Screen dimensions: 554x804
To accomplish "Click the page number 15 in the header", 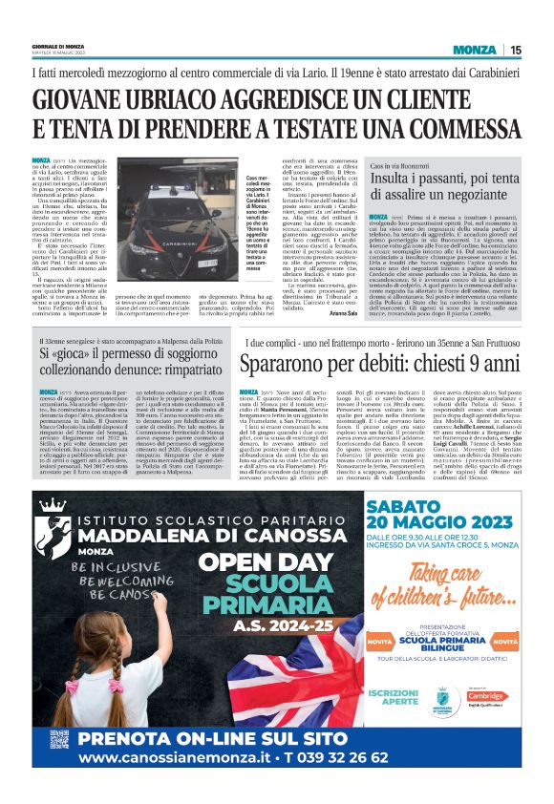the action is point(516,50).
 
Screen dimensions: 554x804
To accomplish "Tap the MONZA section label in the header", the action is point(475,50).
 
